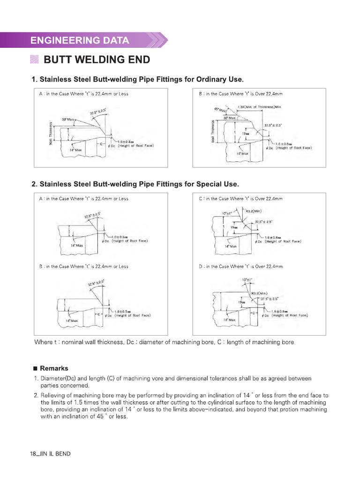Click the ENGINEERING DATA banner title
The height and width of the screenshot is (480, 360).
[x=80, y=40]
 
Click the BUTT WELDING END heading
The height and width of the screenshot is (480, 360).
[x=97, y=60]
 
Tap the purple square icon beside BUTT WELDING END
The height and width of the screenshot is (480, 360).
[x=34, y=60]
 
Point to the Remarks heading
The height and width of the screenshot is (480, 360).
[x=54, y=368]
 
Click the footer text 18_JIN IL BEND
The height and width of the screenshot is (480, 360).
[x=51, y=454]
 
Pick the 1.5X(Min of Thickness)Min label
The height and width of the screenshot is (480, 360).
[x=259, y=107]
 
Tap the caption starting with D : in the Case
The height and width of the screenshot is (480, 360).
[x=241, y=266]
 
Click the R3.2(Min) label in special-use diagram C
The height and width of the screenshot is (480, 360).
[x=253, y=211]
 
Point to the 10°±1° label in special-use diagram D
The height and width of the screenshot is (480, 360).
[x=247, y=280]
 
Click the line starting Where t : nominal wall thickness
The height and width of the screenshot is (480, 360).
[x=164, y=342]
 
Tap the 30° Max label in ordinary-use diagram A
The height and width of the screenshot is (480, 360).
[x=68, y=119]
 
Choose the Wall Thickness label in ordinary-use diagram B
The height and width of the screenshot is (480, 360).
[x=214, y=132]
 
